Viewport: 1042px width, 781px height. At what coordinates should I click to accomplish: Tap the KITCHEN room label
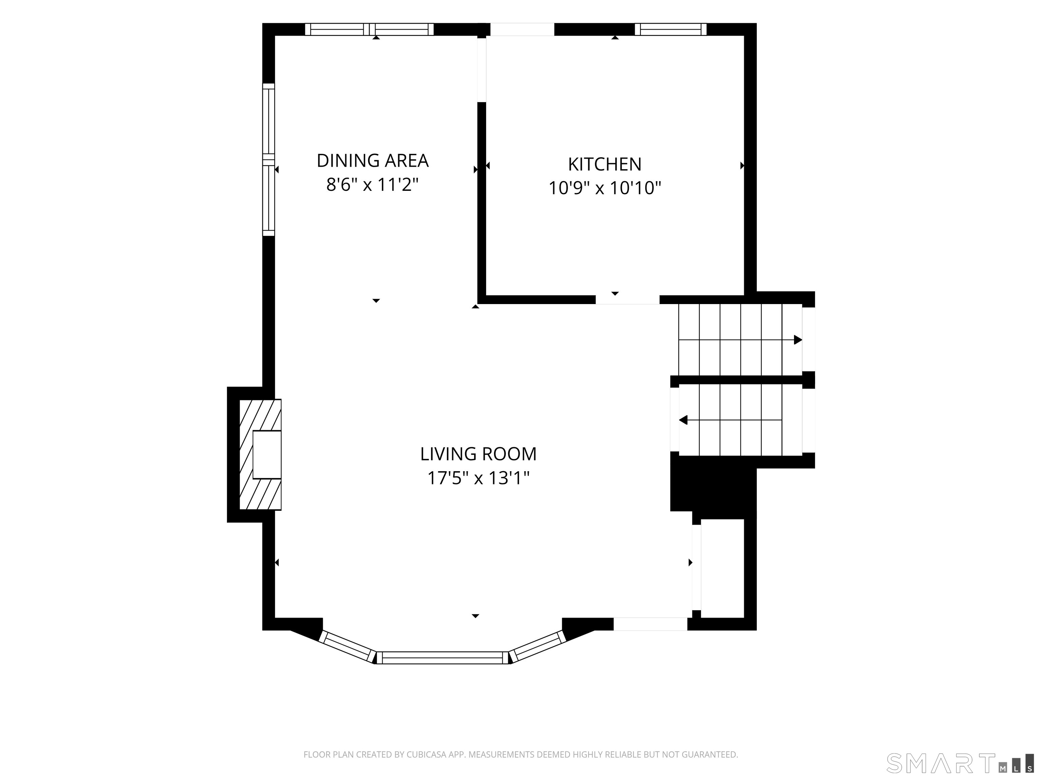coord(605,164)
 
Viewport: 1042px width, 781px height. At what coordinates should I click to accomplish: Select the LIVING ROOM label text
coord(478,454)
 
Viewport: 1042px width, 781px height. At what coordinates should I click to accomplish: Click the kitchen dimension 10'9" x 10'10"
coord(605,188)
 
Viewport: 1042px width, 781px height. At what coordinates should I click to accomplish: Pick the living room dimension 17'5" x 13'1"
coord(478,478)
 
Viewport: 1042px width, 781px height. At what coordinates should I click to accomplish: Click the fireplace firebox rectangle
coord(267,455)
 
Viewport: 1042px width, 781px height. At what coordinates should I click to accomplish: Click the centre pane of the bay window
coord(443,658)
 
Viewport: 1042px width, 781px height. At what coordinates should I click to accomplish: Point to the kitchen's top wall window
coord(671,29)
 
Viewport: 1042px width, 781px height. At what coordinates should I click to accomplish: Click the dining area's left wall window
coord(269,159)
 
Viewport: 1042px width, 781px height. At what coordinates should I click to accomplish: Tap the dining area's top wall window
coord(369,29)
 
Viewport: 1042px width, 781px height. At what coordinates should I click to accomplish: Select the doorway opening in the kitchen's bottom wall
coord(628,300)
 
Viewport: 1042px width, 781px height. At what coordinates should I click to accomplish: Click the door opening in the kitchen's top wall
coord(522,29)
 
